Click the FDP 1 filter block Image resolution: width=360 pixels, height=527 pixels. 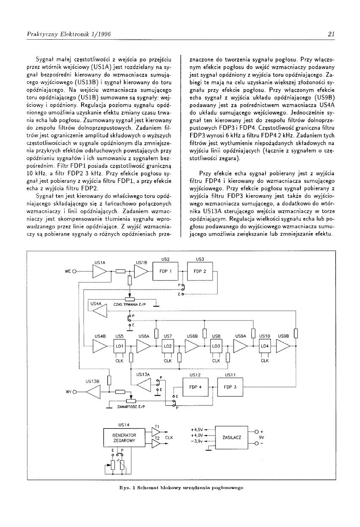(x=165, y=271)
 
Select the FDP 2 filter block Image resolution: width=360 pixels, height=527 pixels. (x=200, y=271)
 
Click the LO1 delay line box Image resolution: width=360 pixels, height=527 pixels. (x=119, y=346)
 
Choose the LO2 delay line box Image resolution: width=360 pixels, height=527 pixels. (x=168, y=346)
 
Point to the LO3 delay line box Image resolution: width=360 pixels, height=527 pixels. (x=216, y=346)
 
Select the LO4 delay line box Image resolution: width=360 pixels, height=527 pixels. (x=265, y=346)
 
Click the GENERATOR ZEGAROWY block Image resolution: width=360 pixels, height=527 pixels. (x=124, y=437)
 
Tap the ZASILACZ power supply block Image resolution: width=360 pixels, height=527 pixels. (x=232, y=437)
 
